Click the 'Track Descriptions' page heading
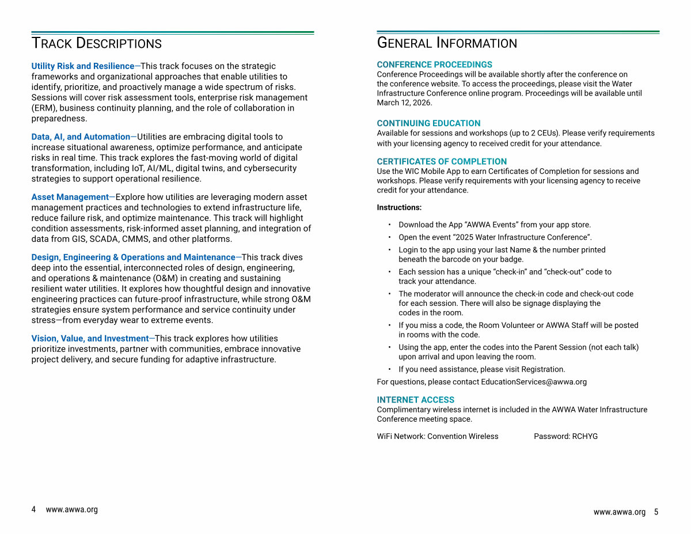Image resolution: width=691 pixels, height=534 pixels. [96, 43]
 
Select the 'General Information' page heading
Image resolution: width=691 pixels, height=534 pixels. [447, 43]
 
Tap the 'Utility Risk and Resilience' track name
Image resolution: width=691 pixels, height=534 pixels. [83, 66]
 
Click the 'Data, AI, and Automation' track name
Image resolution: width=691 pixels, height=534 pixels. [81, 137]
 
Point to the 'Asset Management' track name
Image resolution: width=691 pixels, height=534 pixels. [70, 197]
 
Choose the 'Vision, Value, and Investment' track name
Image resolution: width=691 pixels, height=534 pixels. [90, 339]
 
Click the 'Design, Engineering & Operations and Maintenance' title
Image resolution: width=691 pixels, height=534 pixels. [133, 257]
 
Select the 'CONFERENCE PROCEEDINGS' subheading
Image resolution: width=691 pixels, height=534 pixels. [435, 65]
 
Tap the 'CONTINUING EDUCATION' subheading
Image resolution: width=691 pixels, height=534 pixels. [428, 123]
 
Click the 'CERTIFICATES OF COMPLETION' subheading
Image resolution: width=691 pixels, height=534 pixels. [442, 162]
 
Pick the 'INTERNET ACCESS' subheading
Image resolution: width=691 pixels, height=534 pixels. [416, 400]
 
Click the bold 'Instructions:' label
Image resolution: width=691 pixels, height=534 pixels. [399, 207]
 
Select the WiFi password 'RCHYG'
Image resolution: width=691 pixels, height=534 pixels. [584, 437]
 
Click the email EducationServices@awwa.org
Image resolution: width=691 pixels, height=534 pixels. [534, 382]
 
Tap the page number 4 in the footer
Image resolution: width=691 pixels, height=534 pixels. [33, 510]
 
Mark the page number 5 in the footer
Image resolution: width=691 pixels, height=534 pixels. [656, 512]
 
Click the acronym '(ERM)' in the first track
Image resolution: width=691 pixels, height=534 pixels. [44, 108]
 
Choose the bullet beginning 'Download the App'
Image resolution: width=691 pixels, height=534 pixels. [495, 225]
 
